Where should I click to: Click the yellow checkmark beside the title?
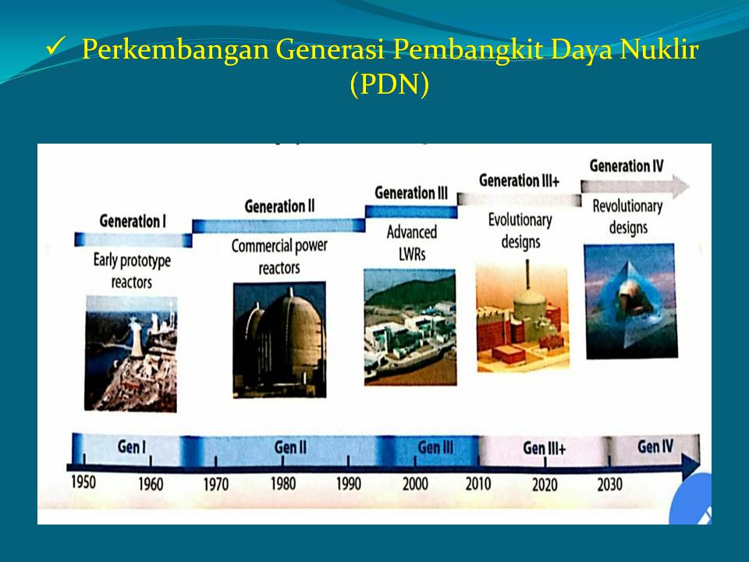[x=56, y=48]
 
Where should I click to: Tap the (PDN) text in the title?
[x=389, y=84]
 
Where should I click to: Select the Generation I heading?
[x=133, y=221]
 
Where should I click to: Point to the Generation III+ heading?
[x=519, y=180]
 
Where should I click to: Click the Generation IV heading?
[x=627, y=165]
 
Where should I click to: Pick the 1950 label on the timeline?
[x=83, y=482]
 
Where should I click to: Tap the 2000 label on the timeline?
[x=414, y=484]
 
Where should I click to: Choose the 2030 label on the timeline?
[x=609, y=484]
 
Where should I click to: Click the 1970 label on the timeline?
[x=216, y=484]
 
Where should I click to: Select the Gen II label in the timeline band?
[x=290, y=447]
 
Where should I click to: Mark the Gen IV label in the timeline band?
[x=655, y=446]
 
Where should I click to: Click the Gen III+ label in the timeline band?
[x=544, y=448]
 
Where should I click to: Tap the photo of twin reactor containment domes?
[x=279, y=340]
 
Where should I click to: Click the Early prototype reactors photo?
[x=131, y=353]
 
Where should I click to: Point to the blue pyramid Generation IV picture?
[x=631, y=301]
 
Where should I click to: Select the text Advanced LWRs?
[x=411, y=243]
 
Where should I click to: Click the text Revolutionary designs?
[x=627, y=216]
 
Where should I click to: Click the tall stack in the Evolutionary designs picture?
[x=527, y=274]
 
